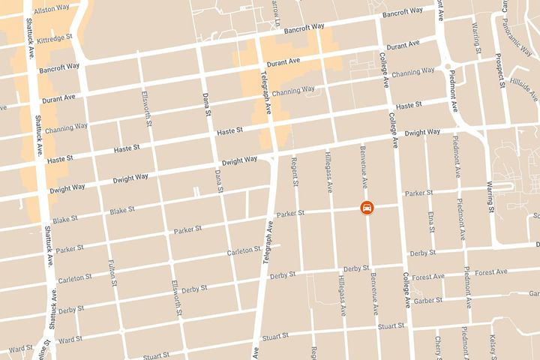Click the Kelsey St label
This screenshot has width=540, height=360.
click(496, 346)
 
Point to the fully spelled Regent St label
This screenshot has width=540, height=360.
click(295, 172)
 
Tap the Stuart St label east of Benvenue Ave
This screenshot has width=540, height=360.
click(391, 326)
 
